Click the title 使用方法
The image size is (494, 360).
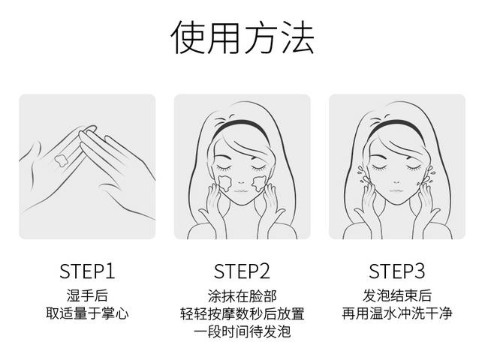pyautogui.click(x=242, y=37)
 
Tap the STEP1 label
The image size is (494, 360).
pyautogui.click(x=87, y=271)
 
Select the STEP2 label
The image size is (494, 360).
pyautogui.click(x=242, y=271)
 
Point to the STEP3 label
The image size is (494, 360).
pyautogui.click(x=396, y=271)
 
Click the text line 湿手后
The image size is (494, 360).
pyautogui.click(x=87, y=295)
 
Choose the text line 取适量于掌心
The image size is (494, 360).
pyautogui.click(x=87, y=313)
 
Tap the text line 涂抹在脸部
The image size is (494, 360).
pyautogui.click(x=242, y=296)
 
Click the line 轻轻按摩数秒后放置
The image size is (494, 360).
pyautogui.click(x=242, y=313)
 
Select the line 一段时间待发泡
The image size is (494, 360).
pyautogui.click(x=242, y=331)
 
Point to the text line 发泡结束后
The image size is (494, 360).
pyautogui.click(x=397, y=295)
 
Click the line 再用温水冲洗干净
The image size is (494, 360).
pyautogui.click(x=397, y=313)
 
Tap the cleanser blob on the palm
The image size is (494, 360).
pyautogui.click(x=61, y=160)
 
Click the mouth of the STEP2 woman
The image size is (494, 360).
pyautogui.click(x=241, y=190)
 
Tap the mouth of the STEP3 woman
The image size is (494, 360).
pyautogui.click(x=396, y=190)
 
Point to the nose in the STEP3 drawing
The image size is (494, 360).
pyautogui.click(x=396, y=182)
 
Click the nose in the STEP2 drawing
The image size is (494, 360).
pyautogui.click(x=241, y=182)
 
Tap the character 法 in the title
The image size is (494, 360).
pyautogui.click(x=297, y=37)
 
